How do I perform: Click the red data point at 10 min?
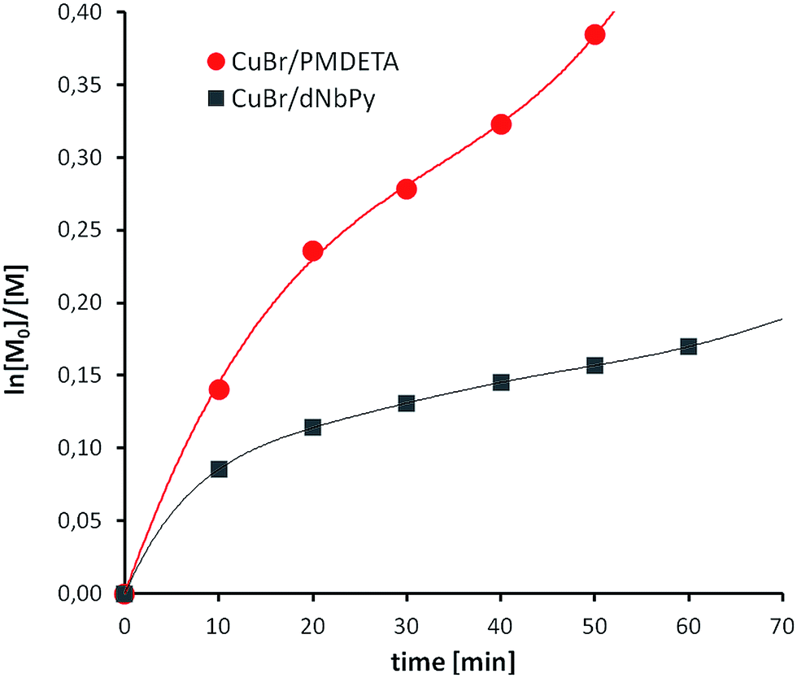tap(218, 389)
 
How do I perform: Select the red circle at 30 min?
tap(407, 189)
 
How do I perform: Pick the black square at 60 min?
tap(689, 346)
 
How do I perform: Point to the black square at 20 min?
tap(312, 427)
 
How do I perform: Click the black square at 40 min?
tap(501, 382)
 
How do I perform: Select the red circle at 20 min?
tap(312, 251)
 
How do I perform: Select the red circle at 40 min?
tap(501, 124)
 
